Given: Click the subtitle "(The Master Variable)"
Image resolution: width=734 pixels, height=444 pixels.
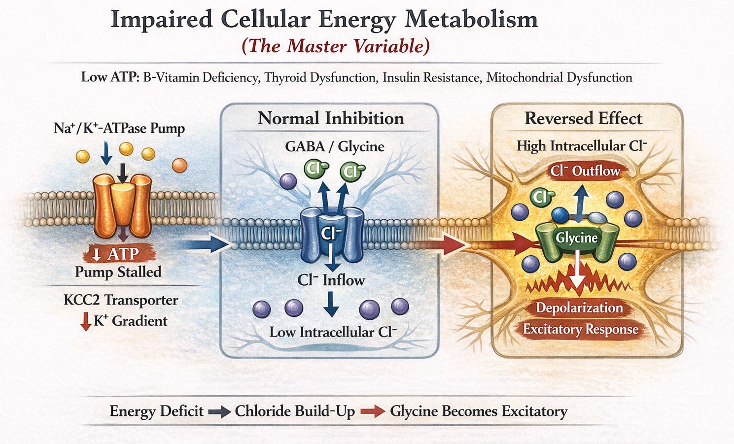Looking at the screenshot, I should [x=336, y=46].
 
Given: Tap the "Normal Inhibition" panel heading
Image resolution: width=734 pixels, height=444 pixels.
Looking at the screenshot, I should [x=331, y=118].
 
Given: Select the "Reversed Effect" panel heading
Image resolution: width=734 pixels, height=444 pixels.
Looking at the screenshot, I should [x=583, y=118].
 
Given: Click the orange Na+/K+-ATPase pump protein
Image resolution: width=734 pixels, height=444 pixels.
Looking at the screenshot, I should [x=122, y=204].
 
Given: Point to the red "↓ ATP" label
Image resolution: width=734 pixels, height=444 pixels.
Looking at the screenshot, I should [x=118, y=254].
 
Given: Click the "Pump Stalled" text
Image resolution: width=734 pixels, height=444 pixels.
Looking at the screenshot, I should [x=118, y=272].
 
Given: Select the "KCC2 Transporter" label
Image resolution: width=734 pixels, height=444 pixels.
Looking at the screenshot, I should [x=121, y=300].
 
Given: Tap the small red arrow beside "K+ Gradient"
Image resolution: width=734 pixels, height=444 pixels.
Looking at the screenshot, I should [x=85, y=321].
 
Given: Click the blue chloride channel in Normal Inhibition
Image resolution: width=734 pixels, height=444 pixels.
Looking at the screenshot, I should [x=331, y=234].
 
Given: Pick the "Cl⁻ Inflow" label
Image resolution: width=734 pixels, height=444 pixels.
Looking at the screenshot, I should [x=331, y=280].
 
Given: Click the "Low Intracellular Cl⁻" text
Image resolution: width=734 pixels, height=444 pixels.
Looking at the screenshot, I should [x=333, y=332].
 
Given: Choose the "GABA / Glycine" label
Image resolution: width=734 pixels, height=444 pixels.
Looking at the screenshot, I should [x=334, y=146].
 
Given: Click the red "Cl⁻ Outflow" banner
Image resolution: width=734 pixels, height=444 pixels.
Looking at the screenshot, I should [x=585, y=171].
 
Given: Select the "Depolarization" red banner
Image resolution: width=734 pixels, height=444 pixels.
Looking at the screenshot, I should [x=580, y=307].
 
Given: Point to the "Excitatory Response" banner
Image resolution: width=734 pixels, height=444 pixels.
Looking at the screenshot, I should [x=581, y=329].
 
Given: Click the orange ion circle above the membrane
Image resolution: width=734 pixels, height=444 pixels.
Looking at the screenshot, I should [x=179, y=165].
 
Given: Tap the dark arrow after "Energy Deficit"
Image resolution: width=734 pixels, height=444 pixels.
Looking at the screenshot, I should [x=219, y=411].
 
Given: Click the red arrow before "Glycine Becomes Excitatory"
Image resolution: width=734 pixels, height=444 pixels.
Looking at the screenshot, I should [x=372, y=411].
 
